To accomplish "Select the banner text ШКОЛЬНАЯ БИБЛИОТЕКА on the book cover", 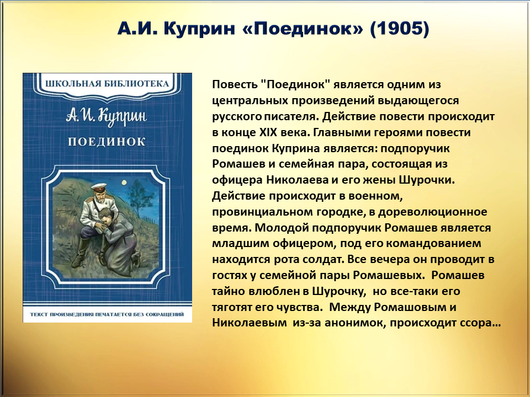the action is [x=107, y=83].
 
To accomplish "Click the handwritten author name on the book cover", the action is [x=107, y=117].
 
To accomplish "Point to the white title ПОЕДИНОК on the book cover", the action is [x=107, y=142].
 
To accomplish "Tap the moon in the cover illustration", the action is [x=125, y=183].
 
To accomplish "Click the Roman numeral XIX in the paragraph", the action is [x=268, y=132].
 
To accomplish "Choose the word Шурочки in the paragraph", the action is [x=427, y=180].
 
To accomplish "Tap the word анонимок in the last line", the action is [x=354, y=323].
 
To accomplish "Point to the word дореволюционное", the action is [x=433, y=212].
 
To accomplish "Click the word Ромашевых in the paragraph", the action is [x=388, y=276].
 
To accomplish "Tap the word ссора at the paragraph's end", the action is [x=476, y=324].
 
